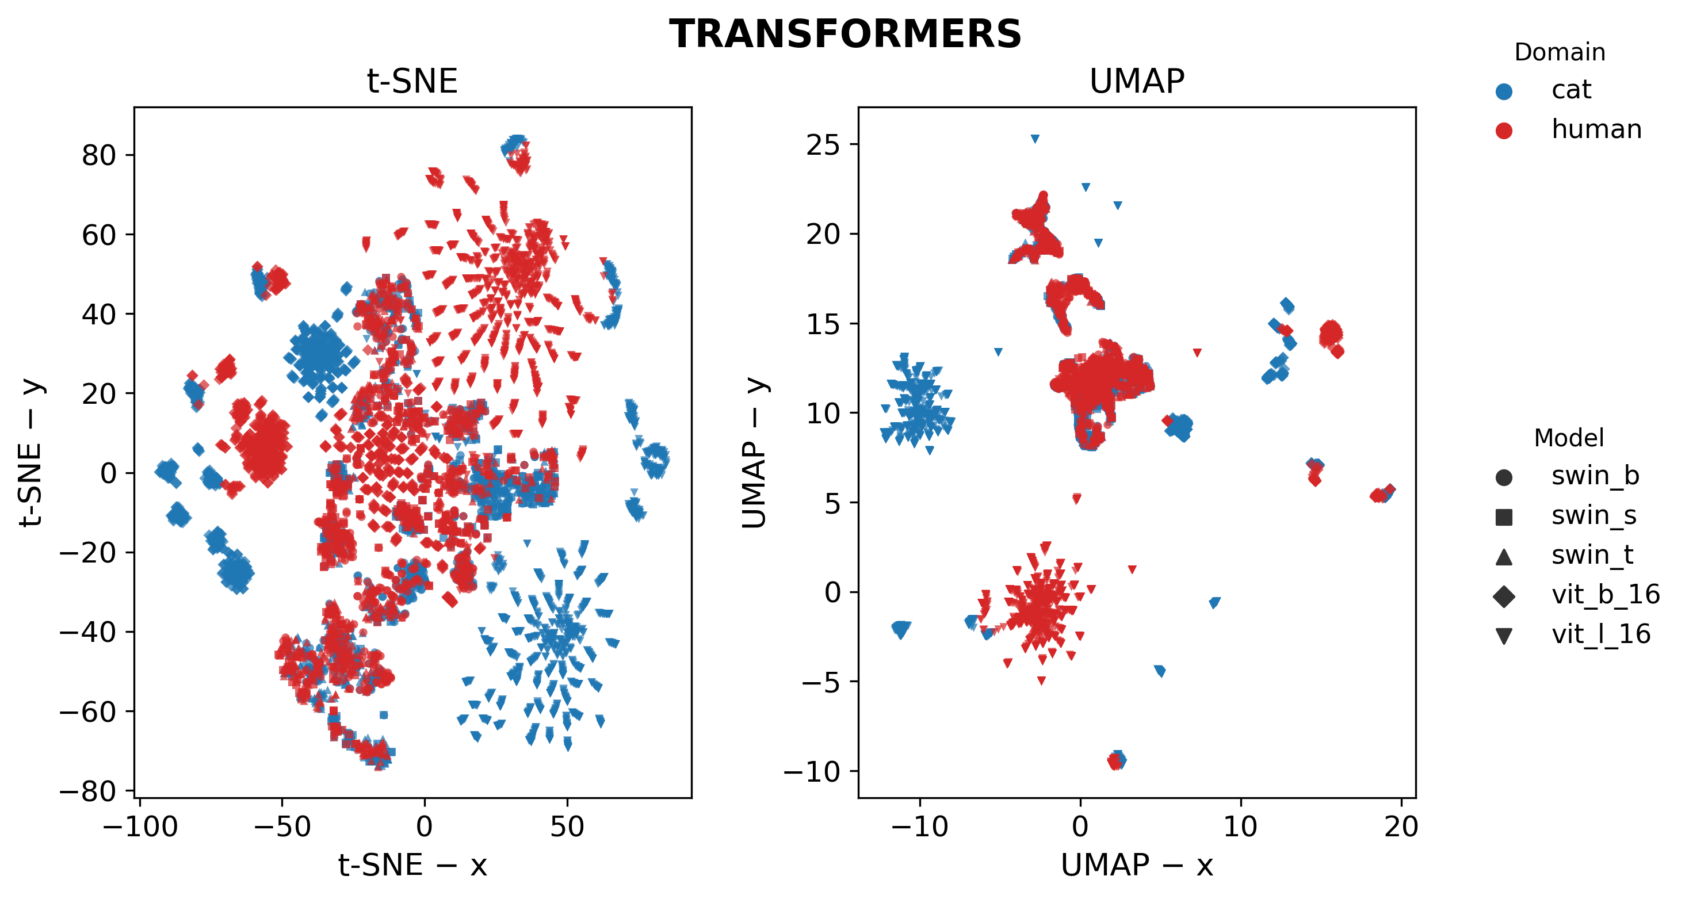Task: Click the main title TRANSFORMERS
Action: pyautogui.click(x=844, y=34)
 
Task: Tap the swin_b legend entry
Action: pyautogui.click(x=1594, y=476)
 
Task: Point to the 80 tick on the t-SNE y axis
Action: pyautogui.click(x=98, y=155)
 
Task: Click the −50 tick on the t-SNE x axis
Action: pyautogui.click(x=282, y=827)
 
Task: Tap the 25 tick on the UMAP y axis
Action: pyautogui.click(x=822, y=144)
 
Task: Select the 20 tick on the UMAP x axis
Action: pyautogui.click(x=1401, y=827)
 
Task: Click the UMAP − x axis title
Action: pyautogui.click(x=1136, y=865)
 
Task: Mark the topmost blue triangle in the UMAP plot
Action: pyautogui.click(x=1035, y=139)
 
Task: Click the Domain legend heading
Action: pyautogui.click(x=1559, y=52)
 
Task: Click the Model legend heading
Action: pyautogui.click(x=1568, y=438)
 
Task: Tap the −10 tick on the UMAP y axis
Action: pyautogui.click(x=811, y=771)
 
